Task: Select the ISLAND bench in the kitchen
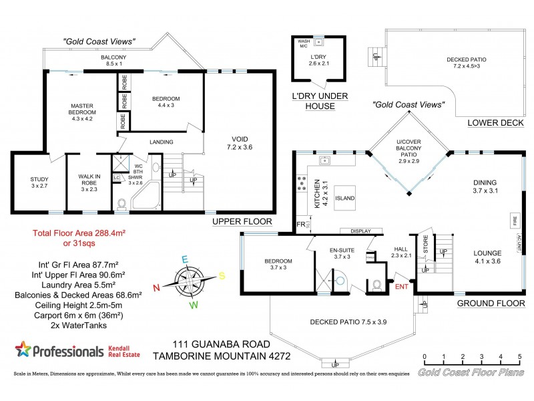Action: (x=345, y=198)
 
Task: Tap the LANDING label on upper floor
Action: (x=162, y=142)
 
